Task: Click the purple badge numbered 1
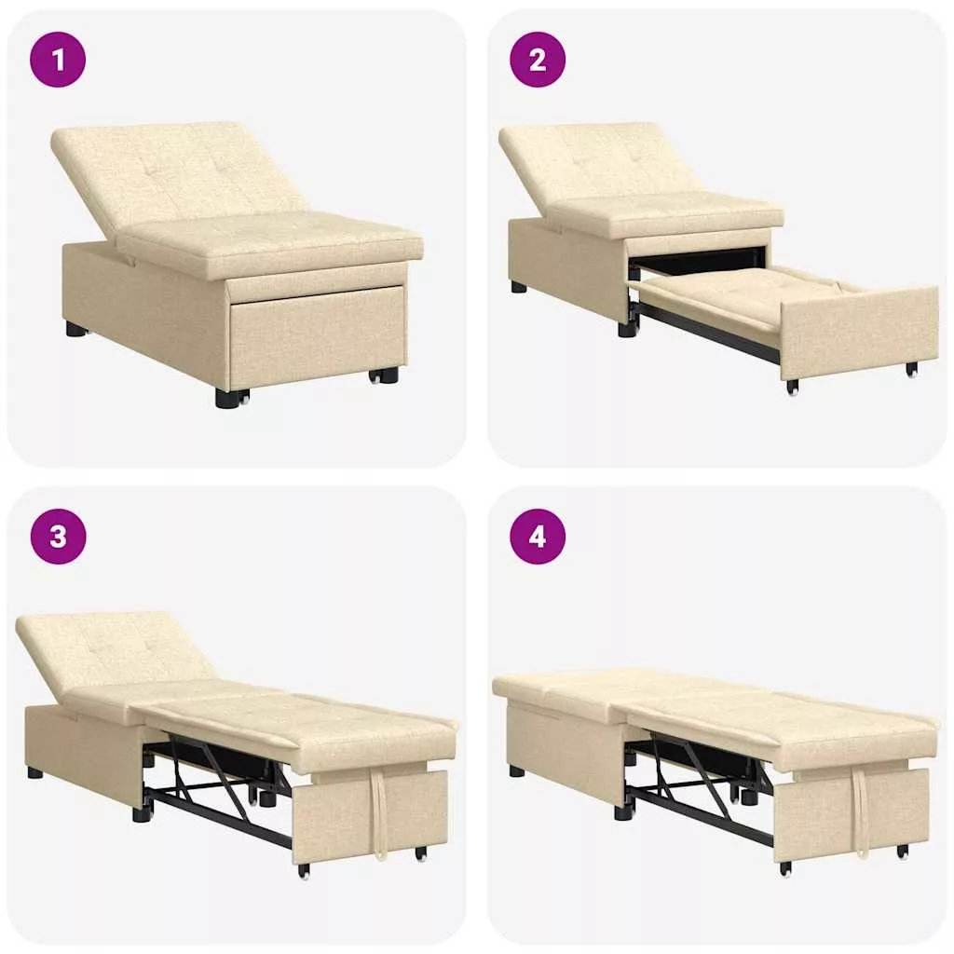(x=58, y=60)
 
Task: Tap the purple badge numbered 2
(x=538, y=60)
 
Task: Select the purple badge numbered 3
(x=58, y=537)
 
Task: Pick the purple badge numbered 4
(x=538, y=537)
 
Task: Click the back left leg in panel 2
(x=518, y=287)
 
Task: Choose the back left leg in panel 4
(x=517, y=771)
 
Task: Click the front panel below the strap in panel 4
(x=852, y=815)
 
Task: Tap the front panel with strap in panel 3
(x=370, y=816)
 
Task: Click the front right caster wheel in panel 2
(x=911, y=369)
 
